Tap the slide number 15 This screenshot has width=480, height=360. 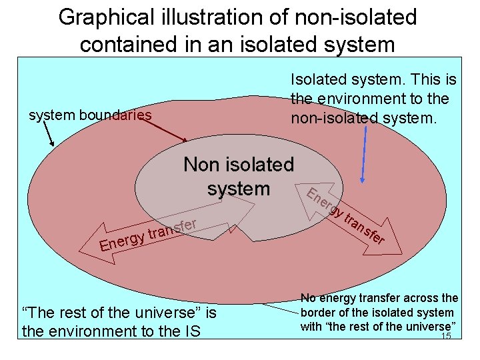click(x=446, y=336)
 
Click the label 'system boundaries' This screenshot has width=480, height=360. click(x=91, y=115)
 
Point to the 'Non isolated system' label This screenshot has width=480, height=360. click(x=238, y=176)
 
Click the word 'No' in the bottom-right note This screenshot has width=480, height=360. click(x=308, y=298)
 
